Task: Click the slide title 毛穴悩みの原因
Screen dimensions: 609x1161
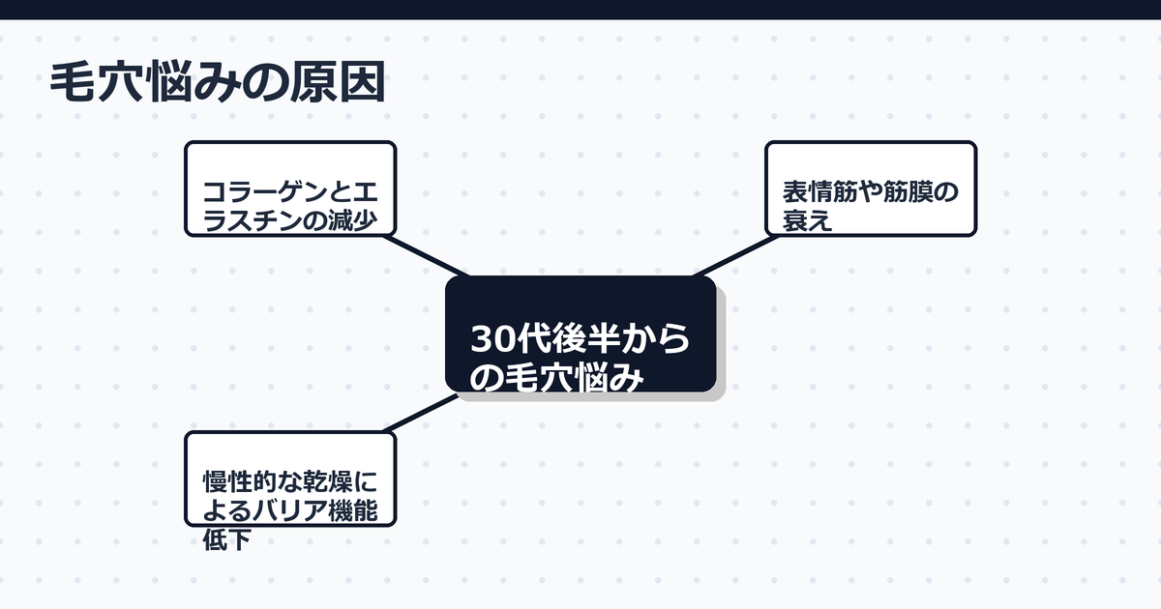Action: [x=218, y=83]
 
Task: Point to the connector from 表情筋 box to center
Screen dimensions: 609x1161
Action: [x=735, y=256]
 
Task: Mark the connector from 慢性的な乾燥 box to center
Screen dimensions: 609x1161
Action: [x=421, y=413]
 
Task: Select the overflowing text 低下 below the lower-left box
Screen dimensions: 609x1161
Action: [x=226, y=539]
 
